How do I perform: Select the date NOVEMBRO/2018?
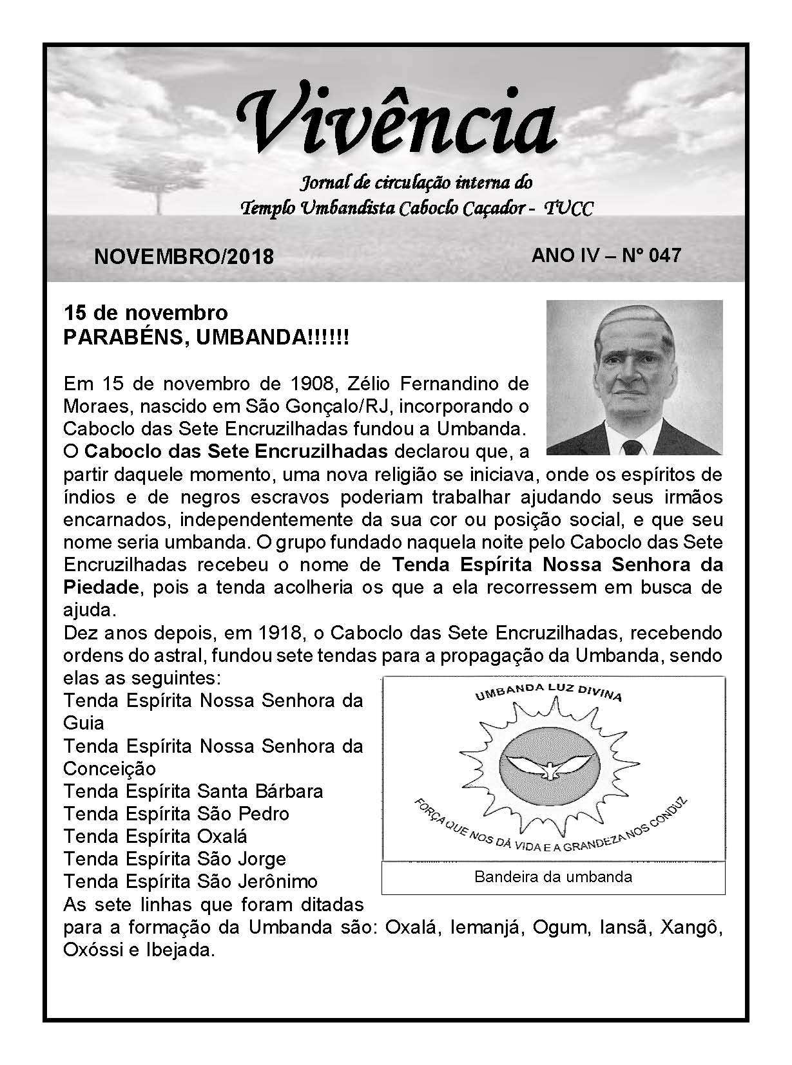point(184,256)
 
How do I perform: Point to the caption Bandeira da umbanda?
point(553,876)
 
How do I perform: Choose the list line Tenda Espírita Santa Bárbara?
point(193,791)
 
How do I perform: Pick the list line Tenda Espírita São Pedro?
point(176,813)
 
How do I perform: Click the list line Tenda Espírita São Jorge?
point(174,858)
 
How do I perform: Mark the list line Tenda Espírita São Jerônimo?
point(190,881)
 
